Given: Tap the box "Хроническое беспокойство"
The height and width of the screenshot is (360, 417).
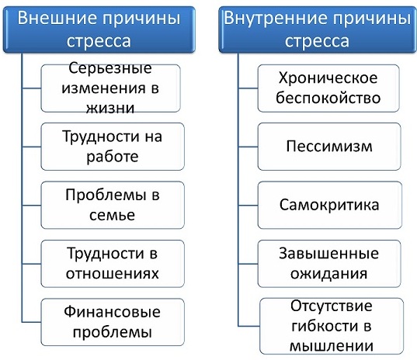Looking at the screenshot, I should pyautogui.click(x=328, y=88).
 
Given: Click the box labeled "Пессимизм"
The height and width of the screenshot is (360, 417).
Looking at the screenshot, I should pyautogui.click(x=328, y=146).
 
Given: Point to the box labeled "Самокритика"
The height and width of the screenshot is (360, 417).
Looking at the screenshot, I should pyautogui.click(x=328, y=205).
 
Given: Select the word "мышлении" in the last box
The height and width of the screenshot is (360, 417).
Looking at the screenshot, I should pyautogui.click(x=328, y=344).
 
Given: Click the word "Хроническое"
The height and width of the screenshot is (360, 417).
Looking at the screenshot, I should pyautogui.click(x=328, y=78).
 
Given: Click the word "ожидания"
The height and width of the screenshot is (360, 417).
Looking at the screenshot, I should pyautogui.click(x=328, y=274).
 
